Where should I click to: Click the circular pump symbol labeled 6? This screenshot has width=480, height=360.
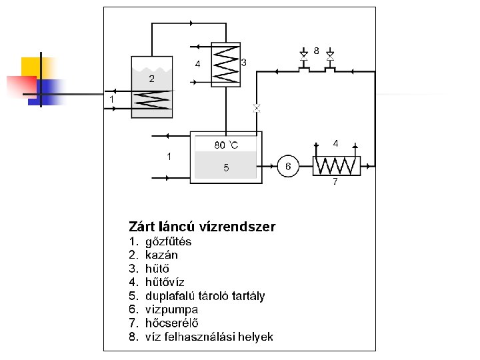(287, 165)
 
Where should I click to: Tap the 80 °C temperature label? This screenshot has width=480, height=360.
(226, 145)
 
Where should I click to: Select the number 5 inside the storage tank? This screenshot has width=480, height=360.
(226, 168)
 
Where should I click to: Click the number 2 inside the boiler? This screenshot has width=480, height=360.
(152, 79)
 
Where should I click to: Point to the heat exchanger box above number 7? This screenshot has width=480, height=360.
(337, 165)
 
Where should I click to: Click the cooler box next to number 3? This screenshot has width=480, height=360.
(226, 65)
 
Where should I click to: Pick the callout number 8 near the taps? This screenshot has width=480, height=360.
(316, 50)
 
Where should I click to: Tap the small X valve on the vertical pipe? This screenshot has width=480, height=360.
(257, 107)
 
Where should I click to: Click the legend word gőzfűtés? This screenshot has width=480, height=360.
(168, 241)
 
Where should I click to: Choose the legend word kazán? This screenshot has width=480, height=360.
(161, 255)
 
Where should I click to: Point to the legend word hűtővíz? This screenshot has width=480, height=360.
(165, 282)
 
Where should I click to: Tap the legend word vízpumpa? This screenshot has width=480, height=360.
(171, 309)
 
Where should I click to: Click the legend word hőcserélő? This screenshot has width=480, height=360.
(172, 323)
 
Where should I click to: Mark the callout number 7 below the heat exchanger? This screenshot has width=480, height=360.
(335, 181)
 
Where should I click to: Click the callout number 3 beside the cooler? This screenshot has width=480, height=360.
(244, 62)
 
